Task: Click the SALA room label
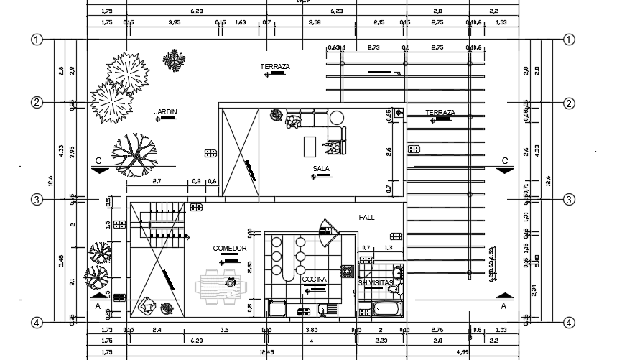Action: click(x=321, y=169)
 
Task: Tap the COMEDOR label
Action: click(x=230, y=249)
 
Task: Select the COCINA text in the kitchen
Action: click(x=314, y=279)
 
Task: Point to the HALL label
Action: click(x=367, y=217)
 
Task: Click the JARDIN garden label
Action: click(x=166, y=111)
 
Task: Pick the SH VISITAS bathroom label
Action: click(x=377, y=283)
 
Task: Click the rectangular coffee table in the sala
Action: click(x=310, y=146)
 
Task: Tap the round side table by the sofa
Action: click(x=337, y=117)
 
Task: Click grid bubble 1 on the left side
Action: click(x=37, y=40)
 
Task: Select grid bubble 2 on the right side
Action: click(x=569, y=103)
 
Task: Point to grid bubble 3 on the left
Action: click(x=37, y=199)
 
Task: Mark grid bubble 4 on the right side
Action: click(x=569, y=323)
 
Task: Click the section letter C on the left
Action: click(x=98, y=160)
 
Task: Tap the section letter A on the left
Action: click(x=98, y=305)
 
